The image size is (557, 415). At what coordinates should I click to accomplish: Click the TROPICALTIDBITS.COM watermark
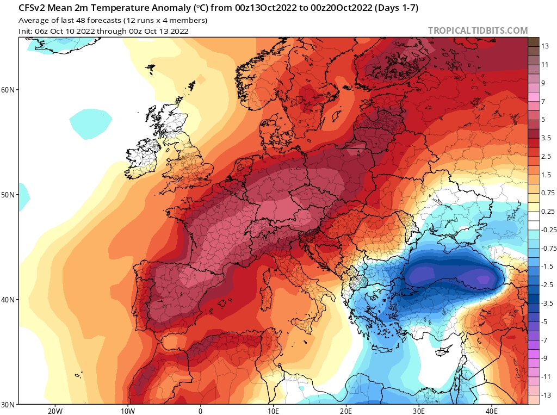click(478, 31)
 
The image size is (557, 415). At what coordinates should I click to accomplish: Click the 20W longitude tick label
click(54, 411)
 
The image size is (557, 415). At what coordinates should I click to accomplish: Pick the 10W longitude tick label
click(127, 411)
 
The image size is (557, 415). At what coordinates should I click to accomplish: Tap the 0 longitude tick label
click(200, 411)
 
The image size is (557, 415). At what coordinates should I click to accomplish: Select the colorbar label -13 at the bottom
click(546, 395)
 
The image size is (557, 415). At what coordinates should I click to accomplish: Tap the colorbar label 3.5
click(546, 138)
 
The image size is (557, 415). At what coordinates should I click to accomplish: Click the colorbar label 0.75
click(547, 193)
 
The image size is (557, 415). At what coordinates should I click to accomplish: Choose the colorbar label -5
click(544, 321)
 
